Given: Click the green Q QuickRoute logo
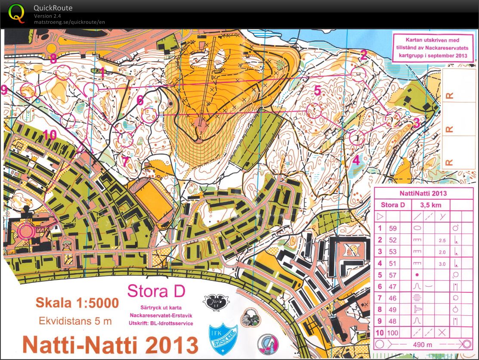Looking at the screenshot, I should pyautogui.click(x=17, y=13).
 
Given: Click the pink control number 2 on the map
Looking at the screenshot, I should pyautogui.click(x=364, y=55).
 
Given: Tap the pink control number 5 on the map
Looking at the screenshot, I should pyautogui.click(x=318, y=91).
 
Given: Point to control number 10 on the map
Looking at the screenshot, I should pyautogui.click(x=49, y=135).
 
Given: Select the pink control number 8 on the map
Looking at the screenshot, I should pyautogui.click(x=53, y=59).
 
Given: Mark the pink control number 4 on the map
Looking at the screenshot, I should pyautogui.click(x=356, y=161).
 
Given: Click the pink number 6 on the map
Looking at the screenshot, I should pyautogui.click(x=140, y=100).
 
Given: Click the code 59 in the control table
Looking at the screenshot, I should pyautogui.click(x=392, y=229).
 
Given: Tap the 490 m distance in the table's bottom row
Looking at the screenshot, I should pyautogui.click(x=422, y=344).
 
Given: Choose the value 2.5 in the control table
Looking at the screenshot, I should pyautogui.click(x=442, y=240).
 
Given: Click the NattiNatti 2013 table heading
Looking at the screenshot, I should pyautogui.click(x=423, y=193).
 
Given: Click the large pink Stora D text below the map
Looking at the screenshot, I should pyautogui.click(x=156, y=292).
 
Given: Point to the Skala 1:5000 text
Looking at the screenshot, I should pyautogui.click(x=77, y=303).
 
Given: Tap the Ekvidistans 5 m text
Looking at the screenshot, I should pyautogui.click(x=75, y=321).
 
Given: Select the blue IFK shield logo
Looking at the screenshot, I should pyautogui.click(x=223, y=338).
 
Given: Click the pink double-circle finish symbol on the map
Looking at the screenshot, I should pyautogui.click(x=25, y=231).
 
